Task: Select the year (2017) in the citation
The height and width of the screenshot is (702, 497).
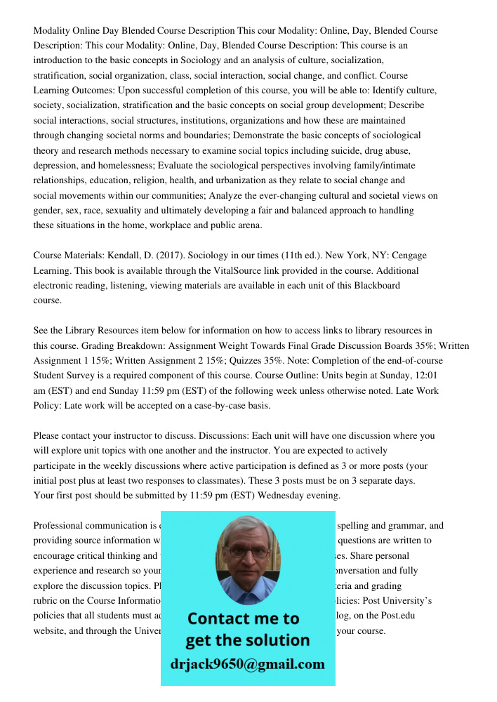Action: [184, 256]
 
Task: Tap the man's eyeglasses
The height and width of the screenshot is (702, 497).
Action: [246, 551]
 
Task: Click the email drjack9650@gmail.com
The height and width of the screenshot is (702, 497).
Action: [247, 664]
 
